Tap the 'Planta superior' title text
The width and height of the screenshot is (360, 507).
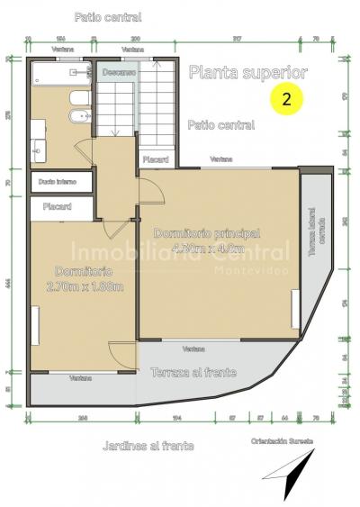[x=248, y=72]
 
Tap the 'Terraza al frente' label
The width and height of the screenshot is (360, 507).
[x=193, y=372]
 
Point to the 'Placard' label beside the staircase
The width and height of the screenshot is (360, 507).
[x=156, y=160]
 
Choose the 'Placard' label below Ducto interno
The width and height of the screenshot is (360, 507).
[x=58, y=206]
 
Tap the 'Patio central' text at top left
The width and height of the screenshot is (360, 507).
[x=108, y=17]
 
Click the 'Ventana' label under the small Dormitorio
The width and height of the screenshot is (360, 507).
[x=81, y=378]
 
